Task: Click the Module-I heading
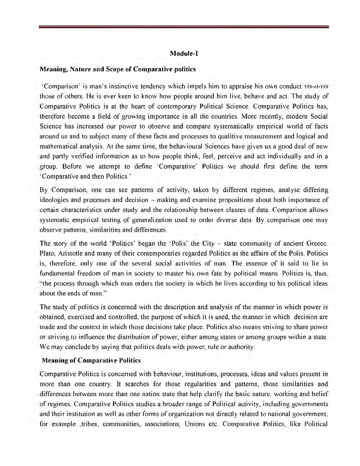(184, 54)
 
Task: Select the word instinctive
(129, 86)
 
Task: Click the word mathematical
(58, 146)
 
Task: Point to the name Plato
(47, 253)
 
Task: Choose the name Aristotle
(70, 253)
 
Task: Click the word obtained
(53, 317)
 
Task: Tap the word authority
(240, 347)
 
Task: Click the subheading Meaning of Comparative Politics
(91, 360)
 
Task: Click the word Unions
(194, 423)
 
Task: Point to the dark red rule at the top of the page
(184, 27)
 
